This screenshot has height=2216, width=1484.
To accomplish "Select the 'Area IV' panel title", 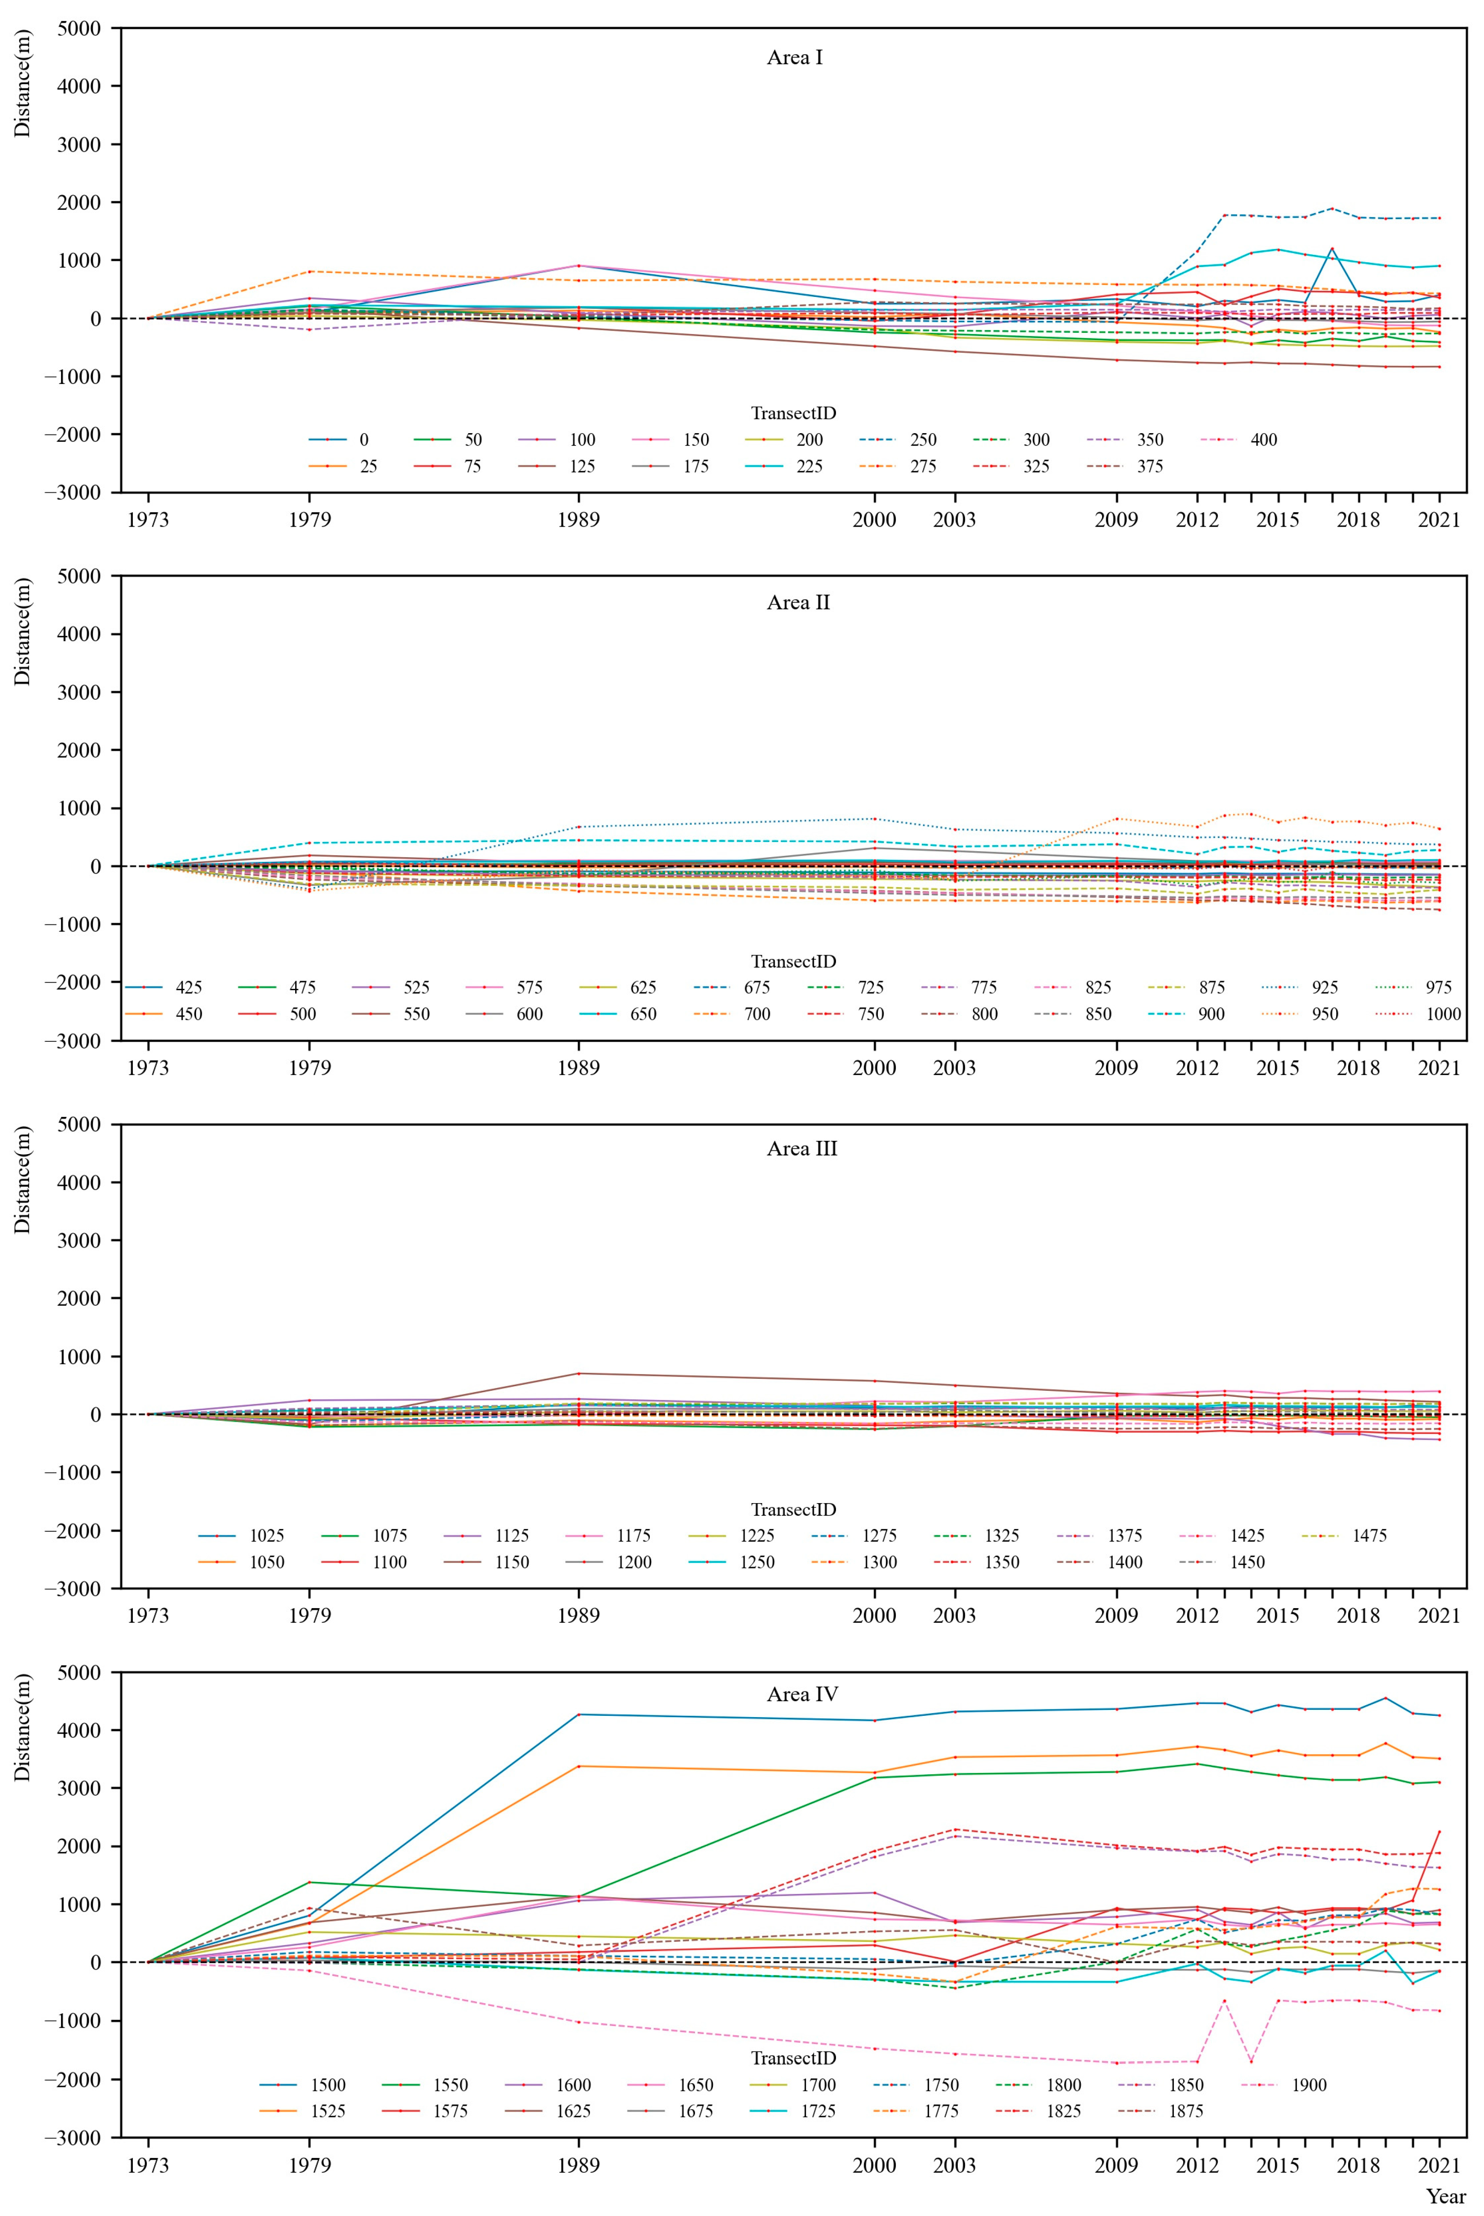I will click(x=802, y=1694).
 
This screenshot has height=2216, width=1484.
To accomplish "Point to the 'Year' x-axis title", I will click(x=1445, y=2196).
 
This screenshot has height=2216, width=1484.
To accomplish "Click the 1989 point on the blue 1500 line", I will click(x=578, y=1715).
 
